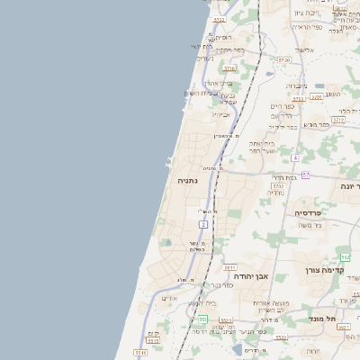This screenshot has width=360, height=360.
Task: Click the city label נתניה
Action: tap(187, 180)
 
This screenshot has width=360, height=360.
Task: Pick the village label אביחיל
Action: tap(220, 114)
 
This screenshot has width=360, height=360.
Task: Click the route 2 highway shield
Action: tap(204, 223)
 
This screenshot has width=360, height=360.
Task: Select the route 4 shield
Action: tap(294, 157)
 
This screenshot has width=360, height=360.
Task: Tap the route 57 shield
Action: tap(306, 175)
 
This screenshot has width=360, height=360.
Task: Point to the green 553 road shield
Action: tap(202, 319)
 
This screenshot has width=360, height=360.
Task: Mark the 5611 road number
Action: tap(230, 267)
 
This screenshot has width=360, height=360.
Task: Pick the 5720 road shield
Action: tap(283, 59)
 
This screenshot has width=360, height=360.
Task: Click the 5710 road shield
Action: tap(229, 67)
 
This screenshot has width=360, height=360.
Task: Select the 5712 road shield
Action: tap(339, 119)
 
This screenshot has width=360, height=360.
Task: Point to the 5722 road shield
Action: tap(220, 20)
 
